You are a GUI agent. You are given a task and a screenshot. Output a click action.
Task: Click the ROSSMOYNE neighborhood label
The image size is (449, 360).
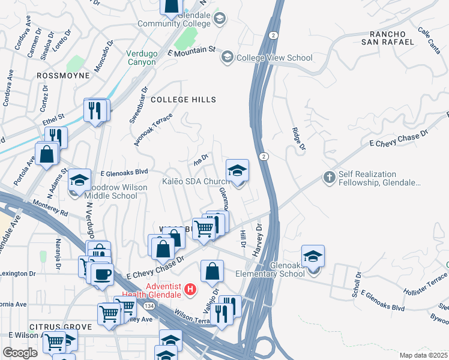(63, 76)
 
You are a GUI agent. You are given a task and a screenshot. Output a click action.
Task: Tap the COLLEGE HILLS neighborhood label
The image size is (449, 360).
(183, 99)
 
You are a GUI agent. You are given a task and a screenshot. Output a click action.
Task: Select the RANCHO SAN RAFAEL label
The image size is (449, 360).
(388, 37)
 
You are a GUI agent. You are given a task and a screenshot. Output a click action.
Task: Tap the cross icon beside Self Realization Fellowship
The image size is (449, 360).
(329, 178)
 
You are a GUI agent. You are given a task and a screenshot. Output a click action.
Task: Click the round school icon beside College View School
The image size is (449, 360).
(228, 58)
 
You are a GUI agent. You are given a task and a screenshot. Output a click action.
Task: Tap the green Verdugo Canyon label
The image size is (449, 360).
(142, 58)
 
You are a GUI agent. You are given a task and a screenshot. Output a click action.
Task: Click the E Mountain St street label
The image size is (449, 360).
(191, 53)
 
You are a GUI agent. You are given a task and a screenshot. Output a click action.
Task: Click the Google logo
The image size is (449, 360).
(20, 353)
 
